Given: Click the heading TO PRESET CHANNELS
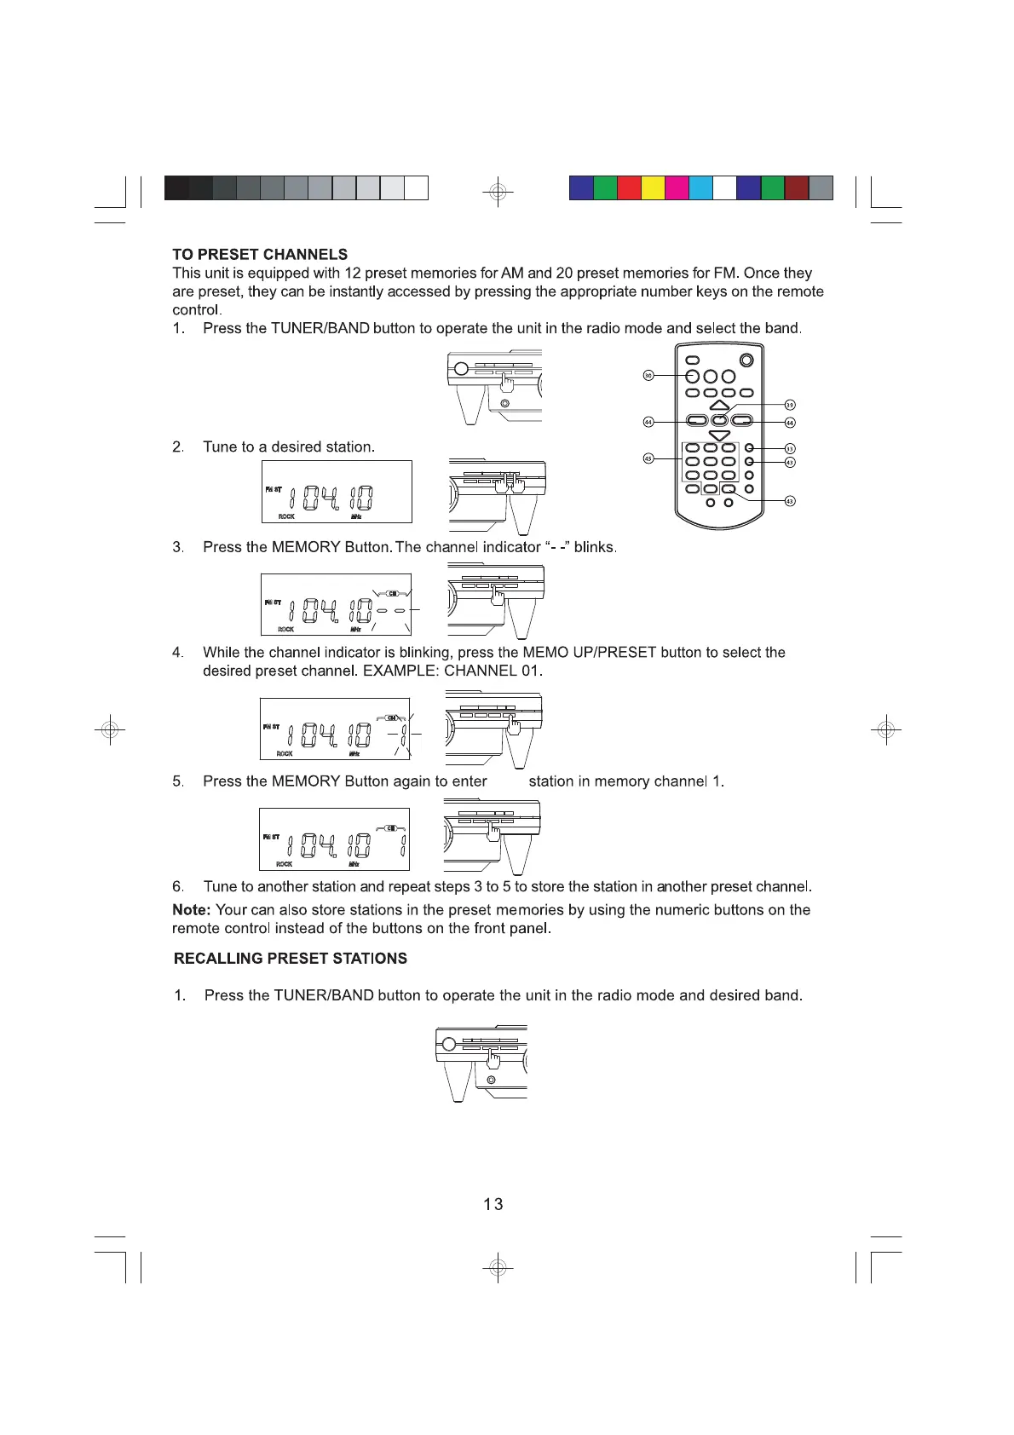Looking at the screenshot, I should coord(260,255).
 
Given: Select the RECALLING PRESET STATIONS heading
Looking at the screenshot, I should coord(290,959).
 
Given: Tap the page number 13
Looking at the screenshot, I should coord(493,1204).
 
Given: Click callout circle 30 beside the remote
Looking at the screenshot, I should coord(648,376).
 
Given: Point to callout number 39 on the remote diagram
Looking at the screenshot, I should coord(790,405).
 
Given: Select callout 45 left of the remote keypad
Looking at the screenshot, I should coord(648,458).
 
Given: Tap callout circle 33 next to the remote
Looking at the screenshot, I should coord(790,448).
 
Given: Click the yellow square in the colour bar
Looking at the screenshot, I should coord(653,187).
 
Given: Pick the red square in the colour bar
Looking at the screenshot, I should coord(629,187).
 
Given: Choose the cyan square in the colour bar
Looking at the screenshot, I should coord(700,187).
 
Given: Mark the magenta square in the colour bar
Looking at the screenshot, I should coord(677,187).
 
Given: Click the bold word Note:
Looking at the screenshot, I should coord(192,910).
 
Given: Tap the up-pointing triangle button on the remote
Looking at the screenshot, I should coord(720,406).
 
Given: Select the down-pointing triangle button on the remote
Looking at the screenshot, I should coord(720,435).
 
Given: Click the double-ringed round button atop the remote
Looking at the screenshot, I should coord(746,360).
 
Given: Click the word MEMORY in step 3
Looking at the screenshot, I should coord(306,547).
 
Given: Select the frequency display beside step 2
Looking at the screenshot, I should coord(337,492).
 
